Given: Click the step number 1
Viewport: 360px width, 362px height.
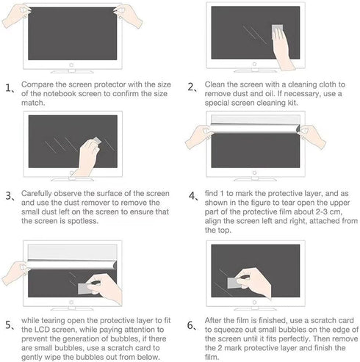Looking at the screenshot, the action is [8, 87].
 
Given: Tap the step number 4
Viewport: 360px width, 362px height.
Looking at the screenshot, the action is [192, 196].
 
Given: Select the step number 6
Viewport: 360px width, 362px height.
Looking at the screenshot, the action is [190, 325].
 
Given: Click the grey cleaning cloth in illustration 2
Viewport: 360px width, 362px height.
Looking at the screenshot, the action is [277, 31].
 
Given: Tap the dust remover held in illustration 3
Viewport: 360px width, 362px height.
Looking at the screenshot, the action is [96, 142].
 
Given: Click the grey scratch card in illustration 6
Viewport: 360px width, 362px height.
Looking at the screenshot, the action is [234, 283].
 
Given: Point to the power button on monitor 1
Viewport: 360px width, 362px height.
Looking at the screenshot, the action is [71, 65].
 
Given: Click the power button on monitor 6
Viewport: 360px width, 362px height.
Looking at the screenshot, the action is [254, 303].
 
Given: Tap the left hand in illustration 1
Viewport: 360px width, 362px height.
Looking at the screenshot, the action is [16, 15].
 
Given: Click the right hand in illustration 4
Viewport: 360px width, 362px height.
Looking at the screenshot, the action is [312, 137].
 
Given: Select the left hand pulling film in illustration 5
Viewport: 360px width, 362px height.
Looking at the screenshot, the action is [15, 272].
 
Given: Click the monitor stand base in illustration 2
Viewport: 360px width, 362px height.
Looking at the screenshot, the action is [255, 71].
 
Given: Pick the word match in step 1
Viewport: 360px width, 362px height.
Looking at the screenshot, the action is [33, 103].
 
